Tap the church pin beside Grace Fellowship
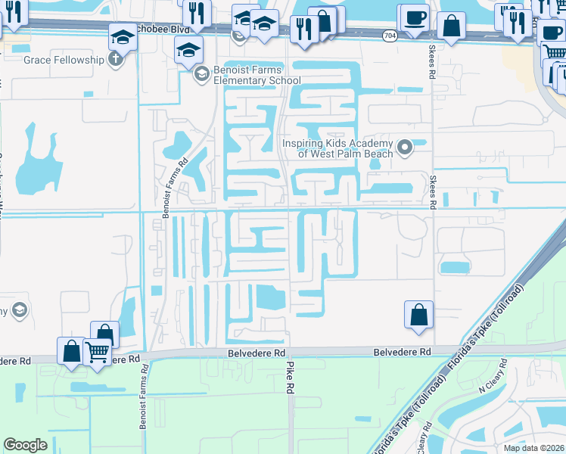pyautogui.click(x=115, y=60)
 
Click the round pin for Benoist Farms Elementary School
pyautogui.click(x=201, y=74)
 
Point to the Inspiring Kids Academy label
pyautogui.click(x=337, y=148)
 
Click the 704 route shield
pyautogui.click(x=388, y=36)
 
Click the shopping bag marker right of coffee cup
pyautogui.click(x=451, y=26)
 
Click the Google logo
pyautogui.click(x=26, y=444)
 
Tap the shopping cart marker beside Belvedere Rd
pyautogui.click(x=98, y=351)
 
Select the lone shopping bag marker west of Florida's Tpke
pyautogui.click(x=418, y=314)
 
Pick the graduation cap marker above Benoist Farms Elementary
pyautogui.click(x=189, y=51)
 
